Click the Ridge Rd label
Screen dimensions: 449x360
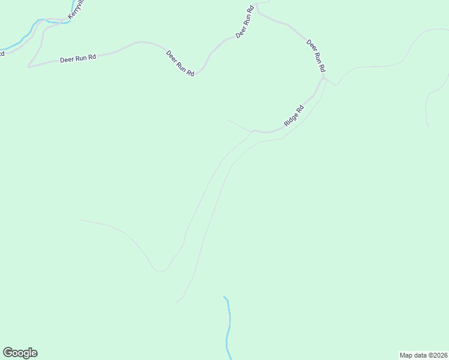point(294,116)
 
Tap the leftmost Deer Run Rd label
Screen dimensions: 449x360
point(78,59)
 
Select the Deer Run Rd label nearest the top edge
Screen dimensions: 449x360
point(245,23)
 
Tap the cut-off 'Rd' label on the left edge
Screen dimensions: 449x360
point(2,53)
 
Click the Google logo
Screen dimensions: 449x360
point(20,353)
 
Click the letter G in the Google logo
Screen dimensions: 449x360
point(7,353)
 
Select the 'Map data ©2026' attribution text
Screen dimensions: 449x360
point(423,355)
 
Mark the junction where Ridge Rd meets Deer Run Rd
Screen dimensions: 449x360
point(323,77)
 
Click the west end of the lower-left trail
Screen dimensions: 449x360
point(80,220)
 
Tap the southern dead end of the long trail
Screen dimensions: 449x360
point(176,302)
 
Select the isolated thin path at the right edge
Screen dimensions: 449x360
point(427,108)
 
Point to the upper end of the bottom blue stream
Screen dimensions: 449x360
point(224,296)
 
